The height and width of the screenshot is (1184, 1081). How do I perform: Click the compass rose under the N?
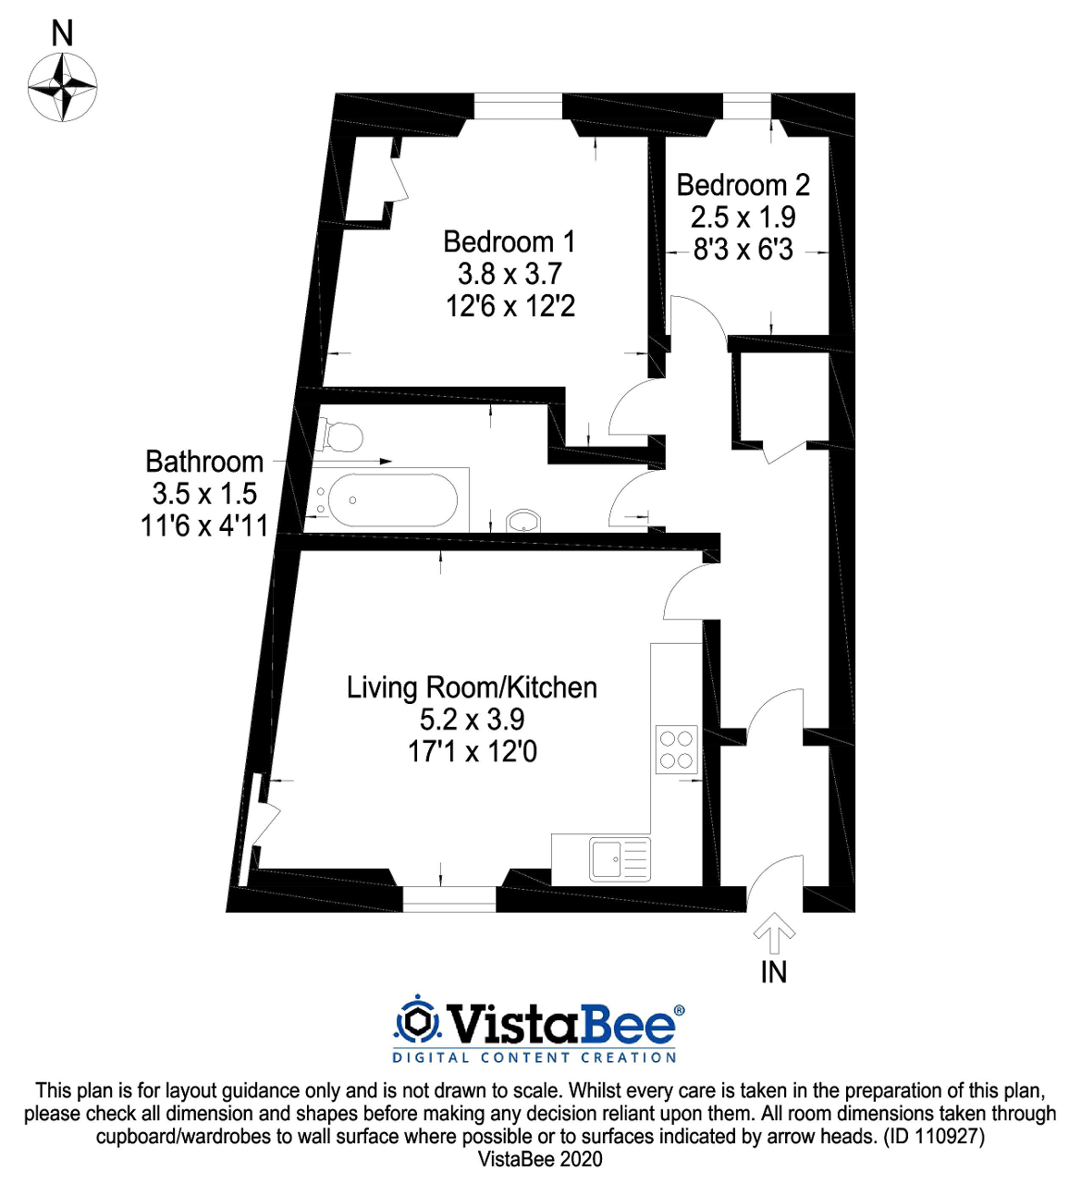(62, 88)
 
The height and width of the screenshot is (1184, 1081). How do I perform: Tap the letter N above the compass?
(62, 34)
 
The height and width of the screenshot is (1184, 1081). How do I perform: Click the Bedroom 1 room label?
(509, 241)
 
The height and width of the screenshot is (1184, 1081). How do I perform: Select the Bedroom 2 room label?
(743, 185)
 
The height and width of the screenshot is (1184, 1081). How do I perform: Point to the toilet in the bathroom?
(338, 436)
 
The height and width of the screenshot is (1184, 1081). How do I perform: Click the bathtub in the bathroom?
(393, 500)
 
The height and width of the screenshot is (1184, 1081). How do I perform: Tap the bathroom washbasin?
(524, 522)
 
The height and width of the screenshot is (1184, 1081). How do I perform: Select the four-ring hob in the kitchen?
(676, 749)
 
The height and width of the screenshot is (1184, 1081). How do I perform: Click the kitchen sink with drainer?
(620, 859)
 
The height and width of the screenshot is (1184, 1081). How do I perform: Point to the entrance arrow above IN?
(774, 933)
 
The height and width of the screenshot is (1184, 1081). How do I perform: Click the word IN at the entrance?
(774, 972)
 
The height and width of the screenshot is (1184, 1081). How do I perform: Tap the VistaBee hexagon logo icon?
(417, 1022)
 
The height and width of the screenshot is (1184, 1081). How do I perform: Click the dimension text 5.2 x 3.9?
(472, 720)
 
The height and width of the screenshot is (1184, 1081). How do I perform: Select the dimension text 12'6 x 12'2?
(510, 306)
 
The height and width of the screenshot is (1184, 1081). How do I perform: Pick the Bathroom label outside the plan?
(204, 462)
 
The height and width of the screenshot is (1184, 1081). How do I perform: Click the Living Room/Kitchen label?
(472, 687)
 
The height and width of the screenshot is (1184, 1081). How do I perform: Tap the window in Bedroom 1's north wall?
(518, 106)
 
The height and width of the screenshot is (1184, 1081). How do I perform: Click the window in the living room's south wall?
(449, 898)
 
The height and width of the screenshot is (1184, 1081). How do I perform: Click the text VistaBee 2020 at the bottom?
(540, 1159)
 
